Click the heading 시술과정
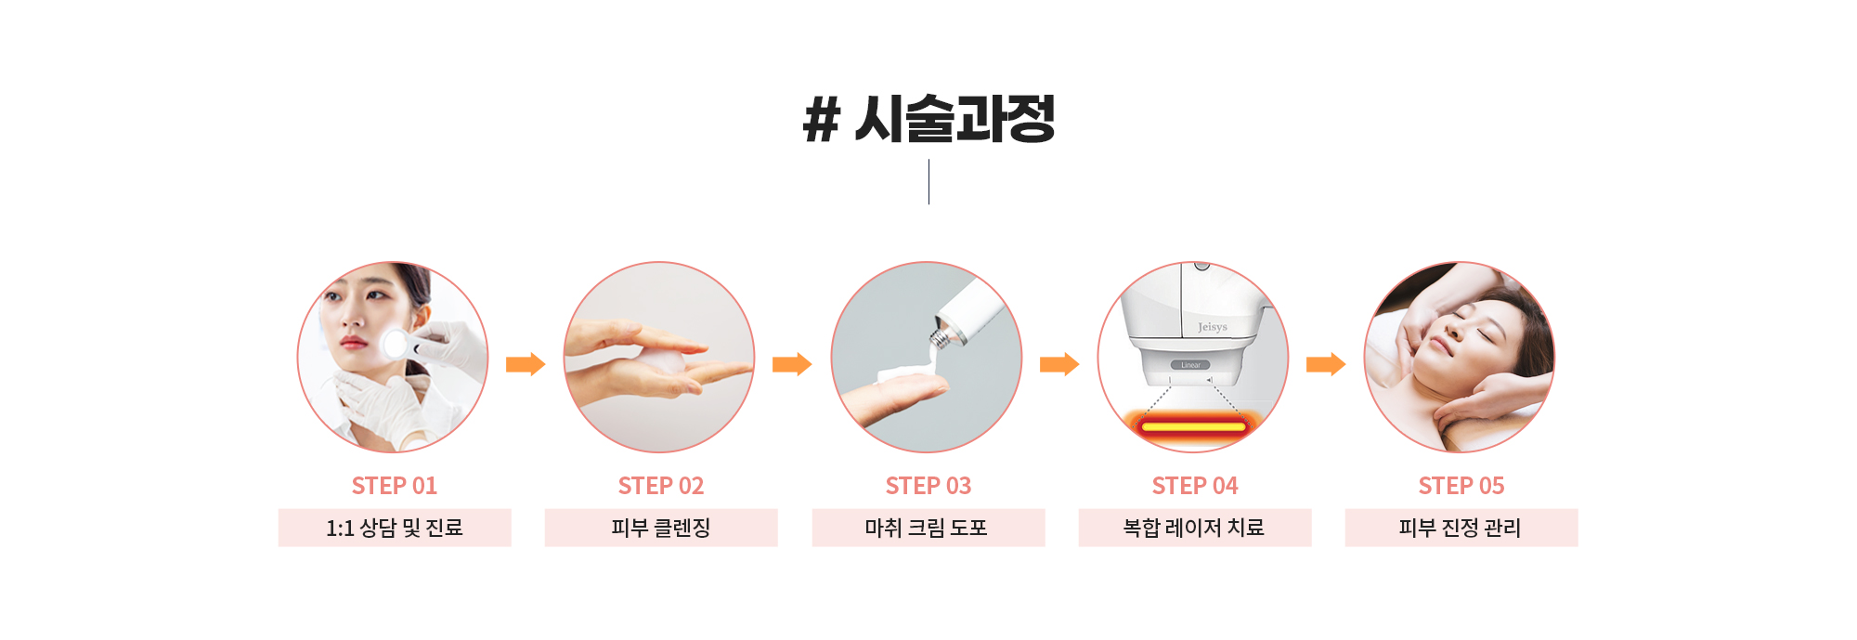coord(954,119)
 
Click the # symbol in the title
coord(822,120)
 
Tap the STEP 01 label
coord(395,486)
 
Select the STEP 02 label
coord(661,486)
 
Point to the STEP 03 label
coord(928,486)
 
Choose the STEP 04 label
coord(1195,486)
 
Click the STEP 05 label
coord(1461,486)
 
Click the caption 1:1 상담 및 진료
coord(395,528)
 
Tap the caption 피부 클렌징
coord(661,528)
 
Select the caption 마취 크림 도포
coord(927,528)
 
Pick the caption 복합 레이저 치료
coord(1194,528)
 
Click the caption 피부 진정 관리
coord(1461,528)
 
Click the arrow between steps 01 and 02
coord(526,364)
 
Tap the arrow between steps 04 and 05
coord(1326,364)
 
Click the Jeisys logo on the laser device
coord(1213,327)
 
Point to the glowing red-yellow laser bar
coord(1193,426)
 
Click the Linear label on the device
coord(1191,365)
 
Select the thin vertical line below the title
coord(928,182)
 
